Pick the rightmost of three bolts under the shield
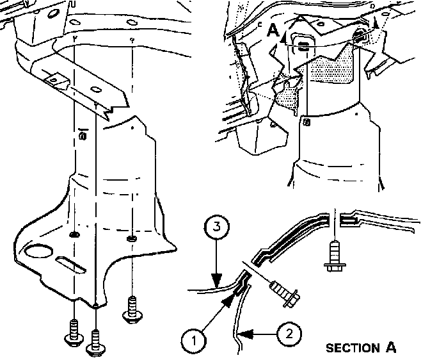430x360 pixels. [134, 309]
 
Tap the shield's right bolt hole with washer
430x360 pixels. [132, 239]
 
